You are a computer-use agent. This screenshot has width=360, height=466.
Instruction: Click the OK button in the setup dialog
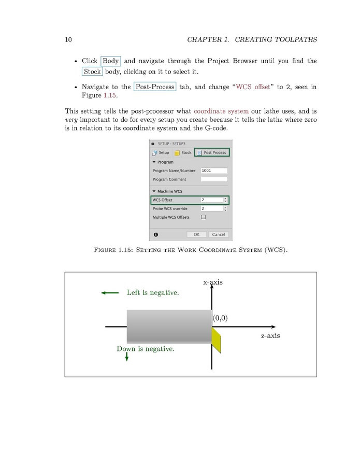point(196,234)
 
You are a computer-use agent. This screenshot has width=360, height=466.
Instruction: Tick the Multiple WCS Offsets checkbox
point(204,217)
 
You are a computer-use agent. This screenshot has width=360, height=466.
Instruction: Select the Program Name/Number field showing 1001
point(213,171)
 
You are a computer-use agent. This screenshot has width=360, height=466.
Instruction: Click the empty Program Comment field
point(213,179)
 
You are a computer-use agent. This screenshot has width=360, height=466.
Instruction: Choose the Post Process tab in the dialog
point(212,152)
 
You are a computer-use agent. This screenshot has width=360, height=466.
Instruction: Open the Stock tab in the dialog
point(183,152)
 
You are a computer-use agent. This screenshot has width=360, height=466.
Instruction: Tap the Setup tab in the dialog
point(161,152)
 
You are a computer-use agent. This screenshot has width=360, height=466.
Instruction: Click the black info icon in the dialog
point(155,234)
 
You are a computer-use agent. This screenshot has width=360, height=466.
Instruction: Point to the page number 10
point(68,40)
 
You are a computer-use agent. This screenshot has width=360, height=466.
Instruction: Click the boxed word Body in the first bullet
point(110,61)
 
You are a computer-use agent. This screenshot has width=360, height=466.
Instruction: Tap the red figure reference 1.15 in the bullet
point(111,96)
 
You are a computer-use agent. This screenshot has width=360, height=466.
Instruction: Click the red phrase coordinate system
point(221,111)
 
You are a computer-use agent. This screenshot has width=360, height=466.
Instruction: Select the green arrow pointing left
point(110,293)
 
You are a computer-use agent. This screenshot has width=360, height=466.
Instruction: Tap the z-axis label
point(270,335)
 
